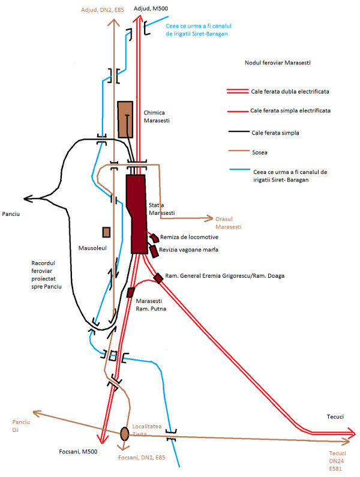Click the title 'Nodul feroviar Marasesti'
[x=278, y=62]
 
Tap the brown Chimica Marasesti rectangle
[x=125, y=119]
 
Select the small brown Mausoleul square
[x=106, y=232]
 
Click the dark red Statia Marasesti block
[x=137, y=214]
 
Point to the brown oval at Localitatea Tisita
[x=124, y=434]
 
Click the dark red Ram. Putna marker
[x=131, y=292]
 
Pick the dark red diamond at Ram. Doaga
[x=158, y=278]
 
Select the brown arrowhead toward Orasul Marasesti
[x=209, y=218]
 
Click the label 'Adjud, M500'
[x=151, y=8]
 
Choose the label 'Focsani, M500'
[x=78, y=452]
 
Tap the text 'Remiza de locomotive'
[x=189, y=237]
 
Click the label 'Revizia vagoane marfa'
[x=188, y=250]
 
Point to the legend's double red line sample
[x=238, y=91]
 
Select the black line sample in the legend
[x=239, y=132]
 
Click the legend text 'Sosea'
[x=260, y=152]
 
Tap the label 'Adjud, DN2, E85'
[x=103, y=10]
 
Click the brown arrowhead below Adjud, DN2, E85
[x=114, y=22]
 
